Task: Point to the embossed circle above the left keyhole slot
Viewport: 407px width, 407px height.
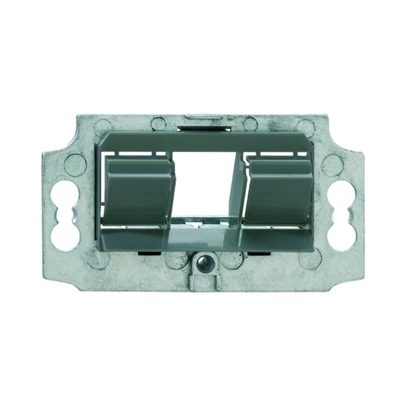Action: [75, 164]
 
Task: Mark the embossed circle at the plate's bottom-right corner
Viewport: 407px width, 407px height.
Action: [310, 258]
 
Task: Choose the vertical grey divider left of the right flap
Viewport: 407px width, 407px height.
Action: [237, 191]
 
